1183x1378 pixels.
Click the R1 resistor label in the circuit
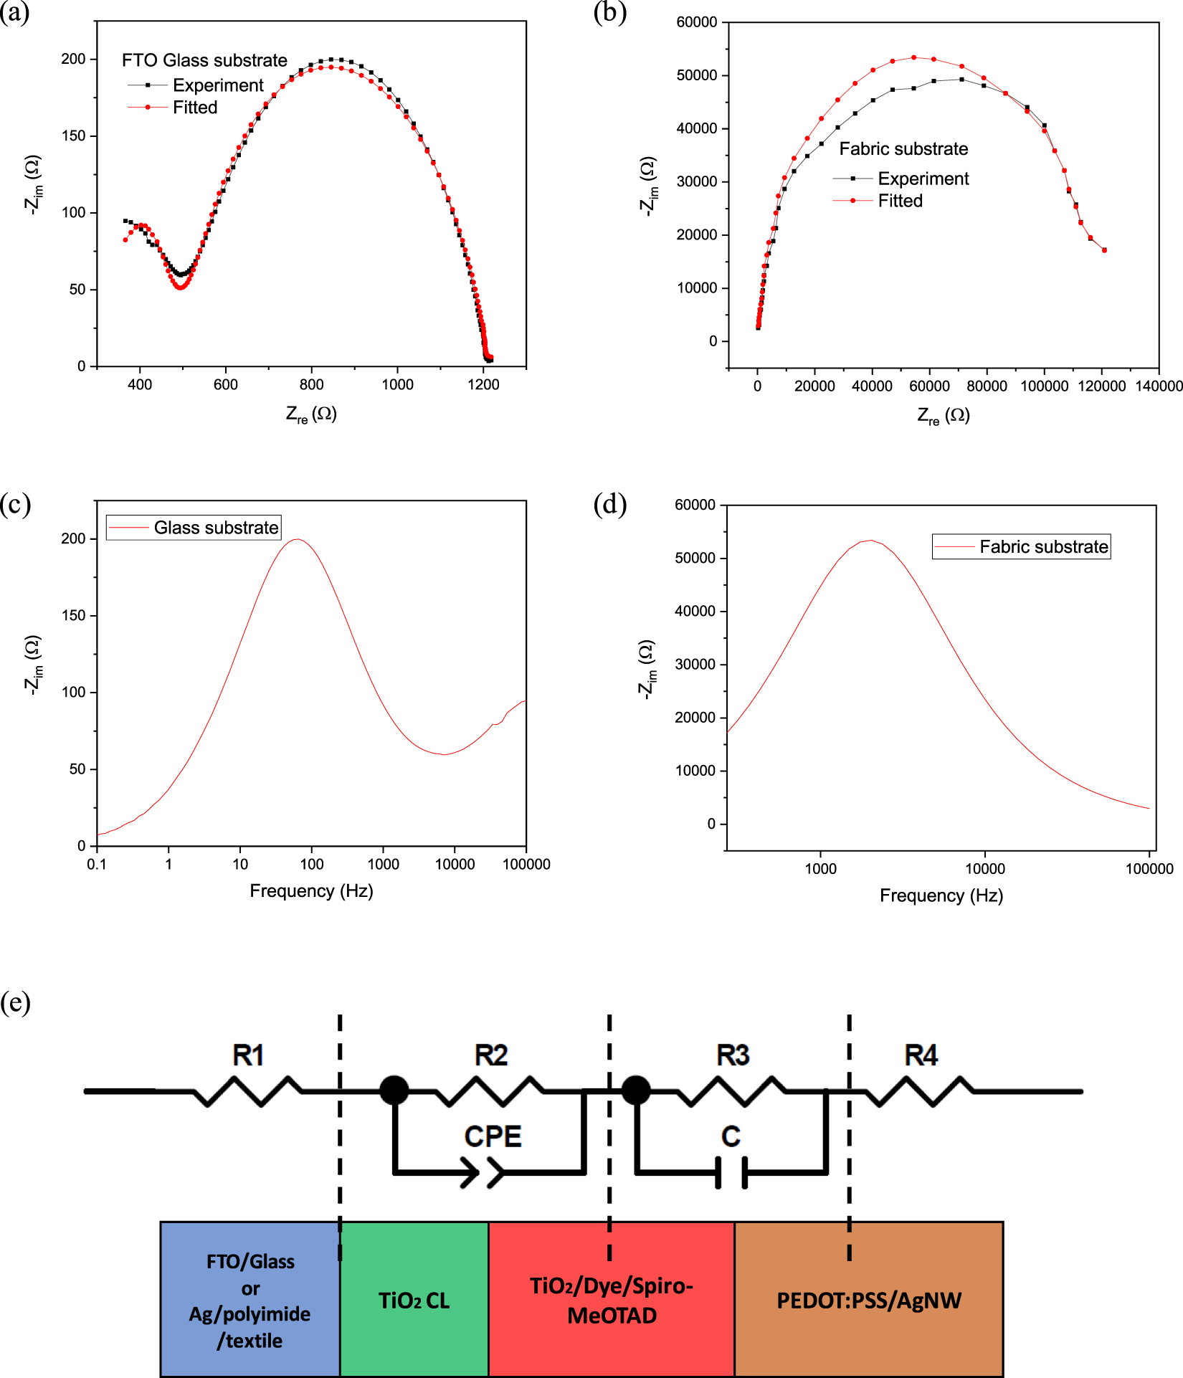[x=248, y=1055]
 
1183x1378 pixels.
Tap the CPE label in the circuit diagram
[x=493, y=1136]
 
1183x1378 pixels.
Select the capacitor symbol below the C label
[x=731, y=1172]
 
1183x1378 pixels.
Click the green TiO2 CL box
[x=414, y=1300]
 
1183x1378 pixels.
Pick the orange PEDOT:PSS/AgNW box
[x=868, y=1300]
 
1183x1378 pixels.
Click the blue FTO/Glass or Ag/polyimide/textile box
[x=250, y=1300]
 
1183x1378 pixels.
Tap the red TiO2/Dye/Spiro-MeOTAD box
[x=612, y=1300]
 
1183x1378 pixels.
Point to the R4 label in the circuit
[x=921, y=1055]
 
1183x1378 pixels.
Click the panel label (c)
[x=16, y=504]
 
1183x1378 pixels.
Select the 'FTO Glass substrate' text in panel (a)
[x=204, y=60]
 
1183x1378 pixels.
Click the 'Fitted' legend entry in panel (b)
[x=900, y=201]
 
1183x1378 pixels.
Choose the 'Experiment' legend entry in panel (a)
[x=218, y=85]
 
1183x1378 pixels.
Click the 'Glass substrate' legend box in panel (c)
[x=194, y=528]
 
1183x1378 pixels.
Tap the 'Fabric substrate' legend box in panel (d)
[x=1021, y=547]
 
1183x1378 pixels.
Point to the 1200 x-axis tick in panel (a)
[x=483, y=384]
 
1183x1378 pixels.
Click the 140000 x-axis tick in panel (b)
[x=1159, y=386]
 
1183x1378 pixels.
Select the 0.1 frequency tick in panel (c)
[x=97, y=864]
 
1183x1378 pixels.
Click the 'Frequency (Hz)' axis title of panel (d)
[x=941, y=895]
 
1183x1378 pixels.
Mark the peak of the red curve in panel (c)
[x=297, y=539]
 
